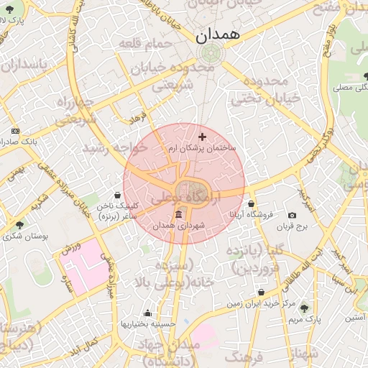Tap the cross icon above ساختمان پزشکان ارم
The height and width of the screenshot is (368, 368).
point(201,137)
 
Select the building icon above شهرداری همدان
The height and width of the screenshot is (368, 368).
point(178,215)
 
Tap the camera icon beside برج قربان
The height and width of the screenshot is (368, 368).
point(292,216)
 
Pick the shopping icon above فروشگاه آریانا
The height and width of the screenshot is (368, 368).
point(250,204)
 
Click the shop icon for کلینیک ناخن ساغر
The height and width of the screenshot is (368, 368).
point(118,195)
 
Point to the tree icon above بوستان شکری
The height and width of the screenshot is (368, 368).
point(19,225)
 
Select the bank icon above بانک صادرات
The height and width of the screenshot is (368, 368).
point(16,132)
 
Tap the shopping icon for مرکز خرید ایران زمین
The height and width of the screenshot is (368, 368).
point(260,293)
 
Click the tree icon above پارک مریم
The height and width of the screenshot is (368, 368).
point(303,306)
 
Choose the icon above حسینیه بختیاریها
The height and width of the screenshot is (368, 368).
point(147,313)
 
